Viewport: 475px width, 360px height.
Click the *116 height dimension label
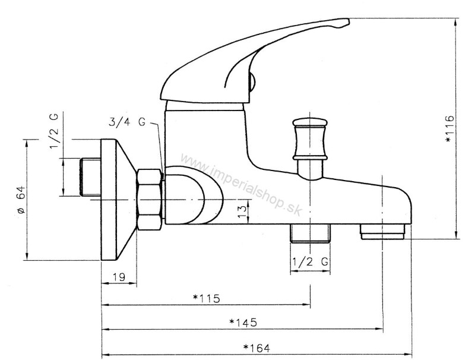449,128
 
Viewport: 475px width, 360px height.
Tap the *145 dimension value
242,323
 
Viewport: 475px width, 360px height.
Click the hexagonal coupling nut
149,198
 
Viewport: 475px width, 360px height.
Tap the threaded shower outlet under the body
311,233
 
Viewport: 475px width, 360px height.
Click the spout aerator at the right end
383,231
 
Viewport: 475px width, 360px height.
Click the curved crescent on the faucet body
208,196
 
